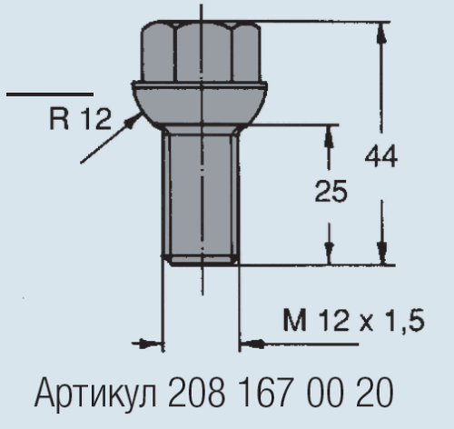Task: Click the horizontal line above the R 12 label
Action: point(49,94)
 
